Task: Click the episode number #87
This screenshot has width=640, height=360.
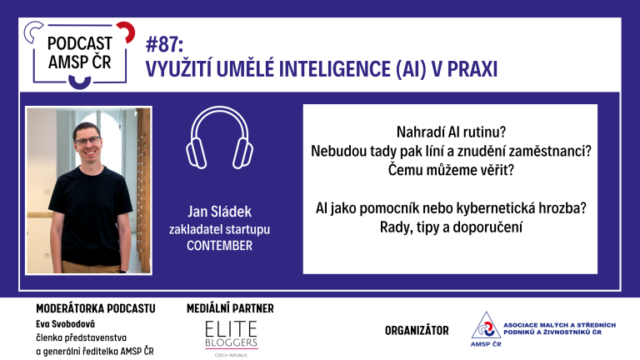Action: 164,44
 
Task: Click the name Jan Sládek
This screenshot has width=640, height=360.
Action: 220,212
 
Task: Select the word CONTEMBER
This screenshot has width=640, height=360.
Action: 220,246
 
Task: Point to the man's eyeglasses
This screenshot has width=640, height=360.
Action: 87,141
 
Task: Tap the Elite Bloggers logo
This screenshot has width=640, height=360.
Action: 231,337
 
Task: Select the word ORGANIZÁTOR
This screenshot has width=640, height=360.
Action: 417,330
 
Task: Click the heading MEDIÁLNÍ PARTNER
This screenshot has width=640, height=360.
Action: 230,308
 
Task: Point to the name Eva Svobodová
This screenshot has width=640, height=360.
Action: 65,324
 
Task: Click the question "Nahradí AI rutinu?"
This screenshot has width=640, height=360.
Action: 451,132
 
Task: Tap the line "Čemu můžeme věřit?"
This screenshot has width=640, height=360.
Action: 451,170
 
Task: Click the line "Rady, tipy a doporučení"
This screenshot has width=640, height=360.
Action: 451,227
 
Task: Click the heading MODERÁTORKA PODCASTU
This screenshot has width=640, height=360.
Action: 96,308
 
